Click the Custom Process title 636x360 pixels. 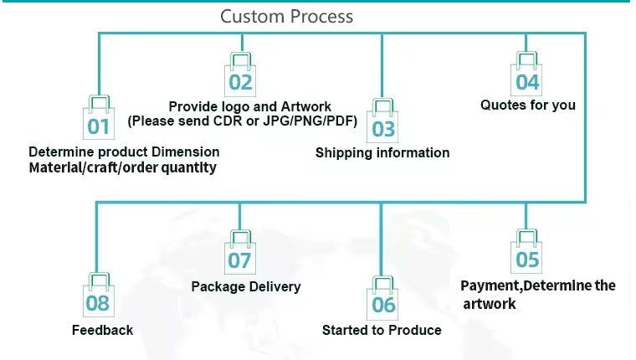pyautogui.click(x=287, y=17)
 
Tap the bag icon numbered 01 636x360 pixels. pyautogui.click(x=99, y=118)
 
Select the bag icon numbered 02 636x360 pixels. pyautogui.click(x=240, y=75)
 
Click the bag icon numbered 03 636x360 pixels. pyautogui.click(x=382, y=121)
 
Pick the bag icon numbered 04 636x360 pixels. pyautogui.click(x=526, y=74)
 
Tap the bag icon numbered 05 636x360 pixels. pyautogui.click(x=526, y=251)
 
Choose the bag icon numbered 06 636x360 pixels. pyautogui.click(x=382, y=298)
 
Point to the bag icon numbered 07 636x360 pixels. pyautogui.click(x=240, y=252)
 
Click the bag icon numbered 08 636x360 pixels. pyautogui.click(x=99, y=295)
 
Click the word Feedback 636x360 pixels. pyautogui.click(x=103, y=330)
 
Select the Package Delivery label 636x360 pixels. pyautogui.click(x=246, y=286)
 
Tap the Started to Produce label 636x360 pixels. pyautogui.click(x=382, y=330)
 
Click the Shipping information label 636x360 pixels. pyautogui.click(x=382, y=152)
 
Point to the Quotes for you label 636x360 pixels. pyautogui.click(x=528, y=105)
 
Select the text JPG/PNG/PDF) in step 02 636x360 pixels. pyautogui.click(x=310, y=121)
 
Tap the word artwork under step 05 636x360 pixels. pyautogui.click(x=490, y=304)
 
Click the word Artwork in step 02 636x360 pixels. pyautogui.click(x=305, y=106)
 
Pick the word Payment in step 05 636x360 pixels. pyautogui.click(x=490, y=285)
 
